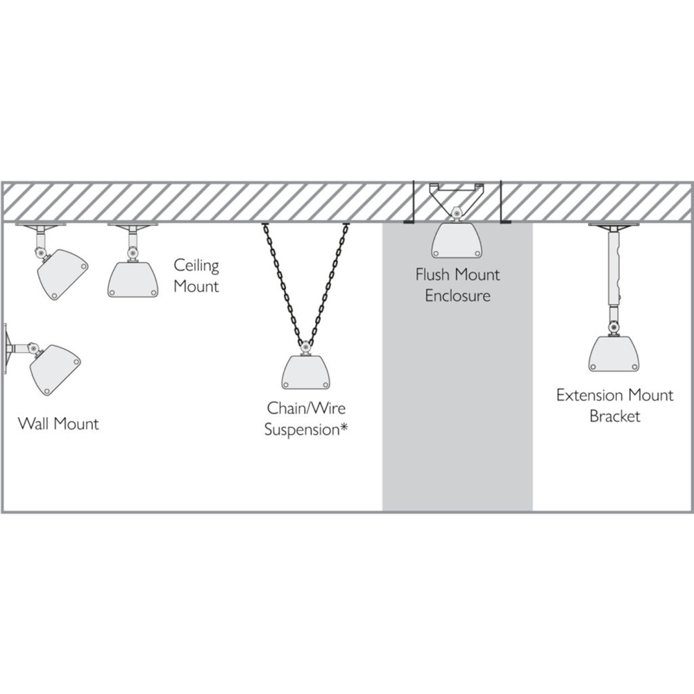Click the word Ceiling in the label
(x=196, y=266)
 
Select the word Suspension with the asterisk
(x=306, y=430)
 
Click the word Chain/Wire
(x=306, y=408)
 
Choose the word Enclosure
(x=457, y=296)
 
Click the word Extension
(x=588, y=395)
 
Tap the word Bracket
(x=615, y=416)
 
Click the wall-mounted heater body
(x=54, y=370)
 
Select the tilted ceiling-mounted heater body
(x=62, y=275)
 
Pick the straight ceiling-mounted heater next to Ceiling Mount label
(x=133, y=280)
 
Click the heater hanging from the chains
(x=306, y=372)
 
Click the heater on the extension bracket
(x=614, y=354)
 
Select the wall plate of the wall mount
(x=6, y=349)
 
